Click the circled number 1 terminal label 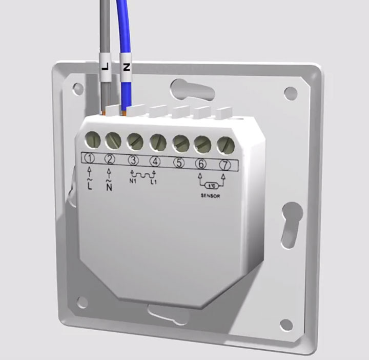pyautogui.click(x=89, y=159)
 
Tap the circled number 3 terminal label pyautogui.click(x=133, y=161)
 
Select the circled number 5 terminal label pyautogui.click(x=179, y=163)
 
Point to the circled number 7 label pyautogui.click(x=225, y=165)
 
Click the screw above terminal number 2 pyautogui.click(x=113, y=141)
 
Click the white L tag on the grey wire pyautogui.click(x=105, y=67)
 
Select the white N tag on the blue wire pyautogui.click(x=127, y=67)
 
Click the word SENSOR pyautogui.click(x=211, y=195)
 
